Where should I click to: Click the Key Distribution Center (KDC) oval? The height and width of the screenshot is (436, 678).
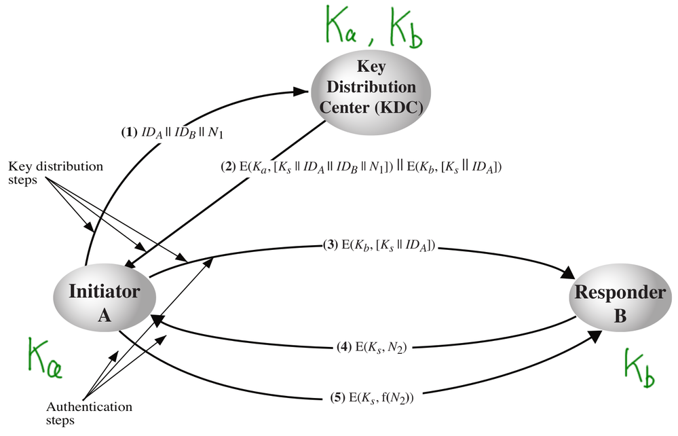pyautogui.click(x=373, y=87)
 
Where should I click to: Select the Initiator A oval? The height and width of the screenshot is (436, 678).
pyautogui.click(x=105, y=304)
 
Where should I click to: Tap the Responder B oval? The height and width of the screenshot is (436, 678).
pyautogui.click(x=619, y=304)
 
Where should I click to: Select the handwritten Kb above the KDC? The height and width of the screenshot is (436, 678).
pyautogui.click(x=404, y=29)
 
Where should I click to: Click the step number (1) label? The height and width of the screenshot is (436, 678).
pyautogui.click(x=128, y=133)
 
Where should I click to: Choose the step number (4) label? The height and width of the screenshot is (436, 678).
pyautogui.click(x=343, y=348)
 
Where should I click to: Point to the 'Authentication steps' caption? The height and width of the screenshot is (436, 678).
pyautogui.click(x=89, y=413)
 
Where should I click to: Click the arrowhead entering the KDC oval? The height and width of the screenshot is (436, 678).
pyautogui.click(x=301, y=90)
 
